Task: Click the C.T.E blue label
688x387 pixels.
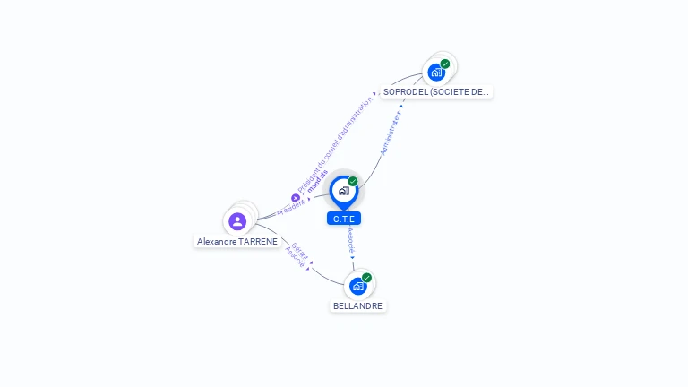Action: tap(344, 219)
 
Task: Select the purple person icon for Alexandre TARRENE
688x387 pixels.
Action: tap(237, 220)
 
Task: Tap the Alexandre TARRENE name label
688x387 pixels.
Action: tap(237, 242)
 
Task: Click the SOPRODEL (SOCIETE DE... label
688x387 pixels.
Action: tap(436, 91)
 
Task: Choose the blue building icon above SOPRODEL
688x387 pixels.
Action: tap(436, 72)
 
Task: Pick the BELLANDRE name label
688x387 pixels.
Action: tap(357, 305)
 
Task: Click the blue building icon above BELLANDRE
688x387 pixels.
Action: tap(358, 286)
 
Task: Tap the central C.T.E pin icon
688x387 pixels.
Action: tap(344, 191)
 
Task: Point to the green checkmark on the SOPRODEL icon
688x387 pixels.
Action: tap(445, 64)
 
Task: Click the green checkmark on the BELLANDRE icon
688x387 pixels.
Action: tap(366, 278)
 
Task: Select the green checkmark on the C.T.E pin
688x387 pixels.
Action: tap(353, 182)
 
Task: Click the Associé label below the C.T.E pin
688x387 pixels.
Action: tap(351, 241)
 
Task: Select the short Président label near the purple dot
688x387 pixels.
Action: tap(290, 208)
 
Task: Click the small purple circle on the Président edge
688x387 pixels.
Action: tap(296, 198)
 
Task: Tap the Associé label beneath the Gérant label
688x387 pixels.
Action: tap(295, 257)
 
